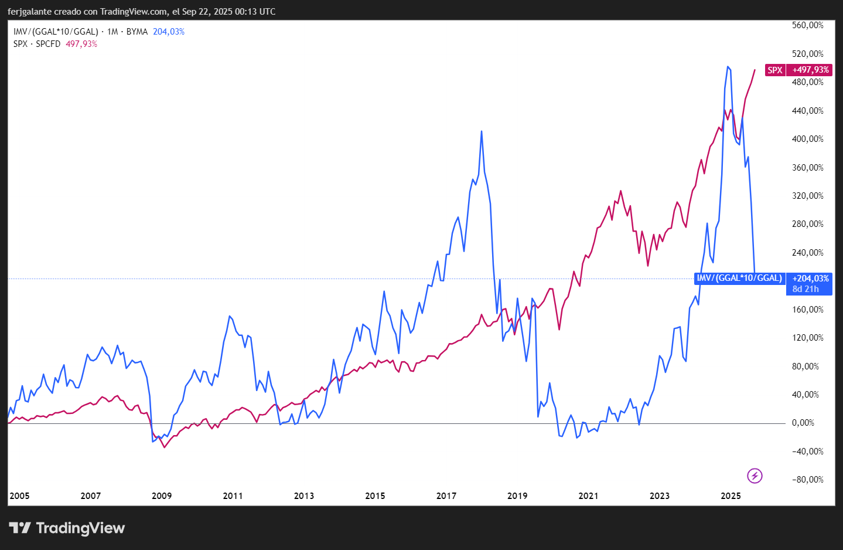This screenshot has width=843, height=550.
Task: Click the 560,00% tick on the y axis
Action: point(808,25)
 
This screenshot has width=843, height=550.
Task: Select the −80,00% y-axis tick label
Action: point(808,480)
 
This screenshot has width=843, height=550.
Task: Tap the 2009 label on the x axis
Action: point(162,495)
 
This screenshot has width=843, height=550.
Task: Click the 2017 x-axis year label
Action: point(446,495)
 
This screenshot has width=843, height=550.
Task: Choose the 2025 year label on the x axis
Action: point(731,495)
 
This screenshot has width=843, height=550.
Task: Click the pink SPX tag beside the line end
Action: point(775,70)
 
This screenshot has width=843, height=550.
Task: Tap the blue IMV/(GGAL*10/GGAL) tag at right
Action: point(739,279)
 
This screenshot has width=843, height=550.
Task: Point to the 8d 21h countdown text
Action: point(806,289)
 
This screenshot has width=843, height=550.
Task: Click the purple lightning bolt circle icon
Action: point(755,476)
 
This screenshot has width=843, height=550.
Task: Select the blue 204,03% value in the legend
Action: point(169,32)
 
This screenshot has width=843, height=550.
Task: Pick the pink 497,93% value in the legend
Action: point(81,44)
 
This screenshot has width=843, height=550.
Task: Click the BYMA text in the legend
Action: point(137,32)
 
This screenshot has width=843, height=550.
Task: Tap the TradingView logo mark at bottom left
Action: point(19,528)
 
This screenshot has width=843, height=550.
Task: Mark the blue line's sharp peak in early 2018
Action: point(482,131)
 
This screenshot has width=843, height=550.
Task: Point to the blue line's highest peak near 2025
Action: point(728,67)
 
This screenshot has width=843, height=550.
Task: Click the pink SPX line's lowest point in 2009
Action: point(165,447)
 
